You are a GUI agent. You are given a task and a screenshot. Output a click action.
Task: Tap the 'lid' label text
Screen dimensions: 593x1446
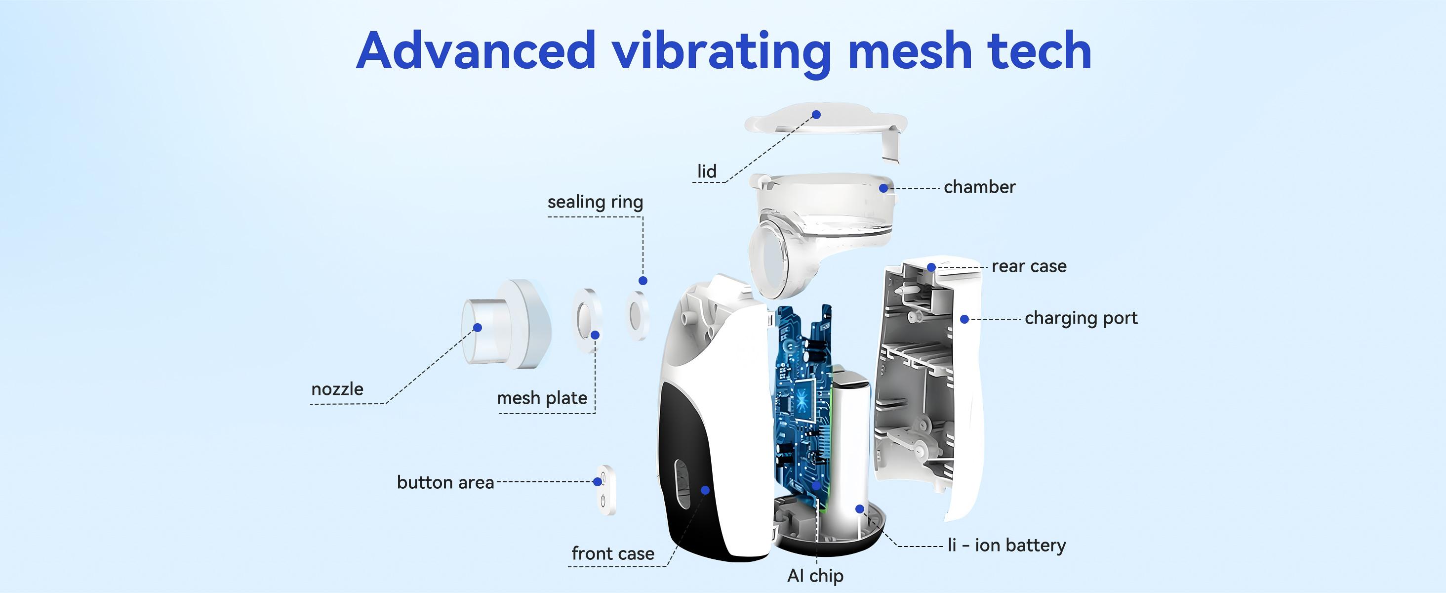(x=707, y=171)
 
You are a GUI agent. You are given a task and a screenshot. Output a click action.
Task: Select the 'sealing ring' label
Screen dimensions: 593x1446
(x=595, y=202)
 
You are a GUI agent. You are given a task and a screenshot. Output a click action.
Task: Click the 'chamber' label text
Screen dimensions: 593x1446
(x=979, y=187)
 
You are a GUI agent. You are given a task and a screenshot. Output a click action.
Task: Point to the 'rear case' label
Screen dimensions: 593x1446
(x=1029, y=266)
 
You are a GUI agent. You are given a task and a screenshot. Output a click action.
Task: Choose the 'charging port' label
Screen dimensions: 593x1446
(x=1081, y=318)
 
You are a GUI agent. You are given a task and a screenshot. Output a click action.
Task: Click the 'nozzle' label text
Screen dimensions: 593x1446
(x=337, y=389)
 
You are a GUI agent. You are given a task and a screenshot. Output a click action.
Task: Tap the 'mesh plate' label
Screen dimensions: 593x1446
(x=542, y=398)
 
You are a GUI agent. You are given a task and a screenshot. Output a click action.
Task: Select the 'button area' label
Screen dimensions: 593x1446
(x=445, y=482)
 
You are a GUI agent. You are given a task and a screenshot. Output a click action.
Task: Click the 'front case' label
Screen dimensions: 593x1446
(x=612, y=553)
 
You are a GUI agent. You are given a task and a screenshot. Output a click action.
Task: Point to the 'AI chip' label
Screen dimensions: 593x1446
(x=815, y=576)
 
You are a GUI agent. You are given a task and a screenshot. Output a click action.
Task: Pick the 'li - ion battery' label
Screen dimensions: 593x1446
(x=1006, y=545)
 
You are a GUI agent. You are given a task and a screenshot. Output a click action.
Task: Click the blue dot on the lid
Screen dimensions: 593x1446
(x=817, y=115)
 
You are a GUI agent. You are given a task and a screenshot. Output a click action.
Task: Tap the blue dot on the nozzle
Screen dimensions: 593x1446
(x=478, y=327)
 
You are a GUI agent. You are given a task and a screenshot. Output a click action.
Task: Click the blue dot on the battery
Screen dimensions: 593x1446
(x=859, y=509)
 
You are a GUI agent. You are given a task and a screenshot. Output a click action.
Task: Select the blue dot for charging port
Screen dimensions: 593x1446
(x=964, y=319)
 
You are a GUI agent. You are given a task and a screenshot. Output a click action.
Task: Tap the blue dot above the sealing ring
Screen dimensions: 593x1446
(x=643, y=280)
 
